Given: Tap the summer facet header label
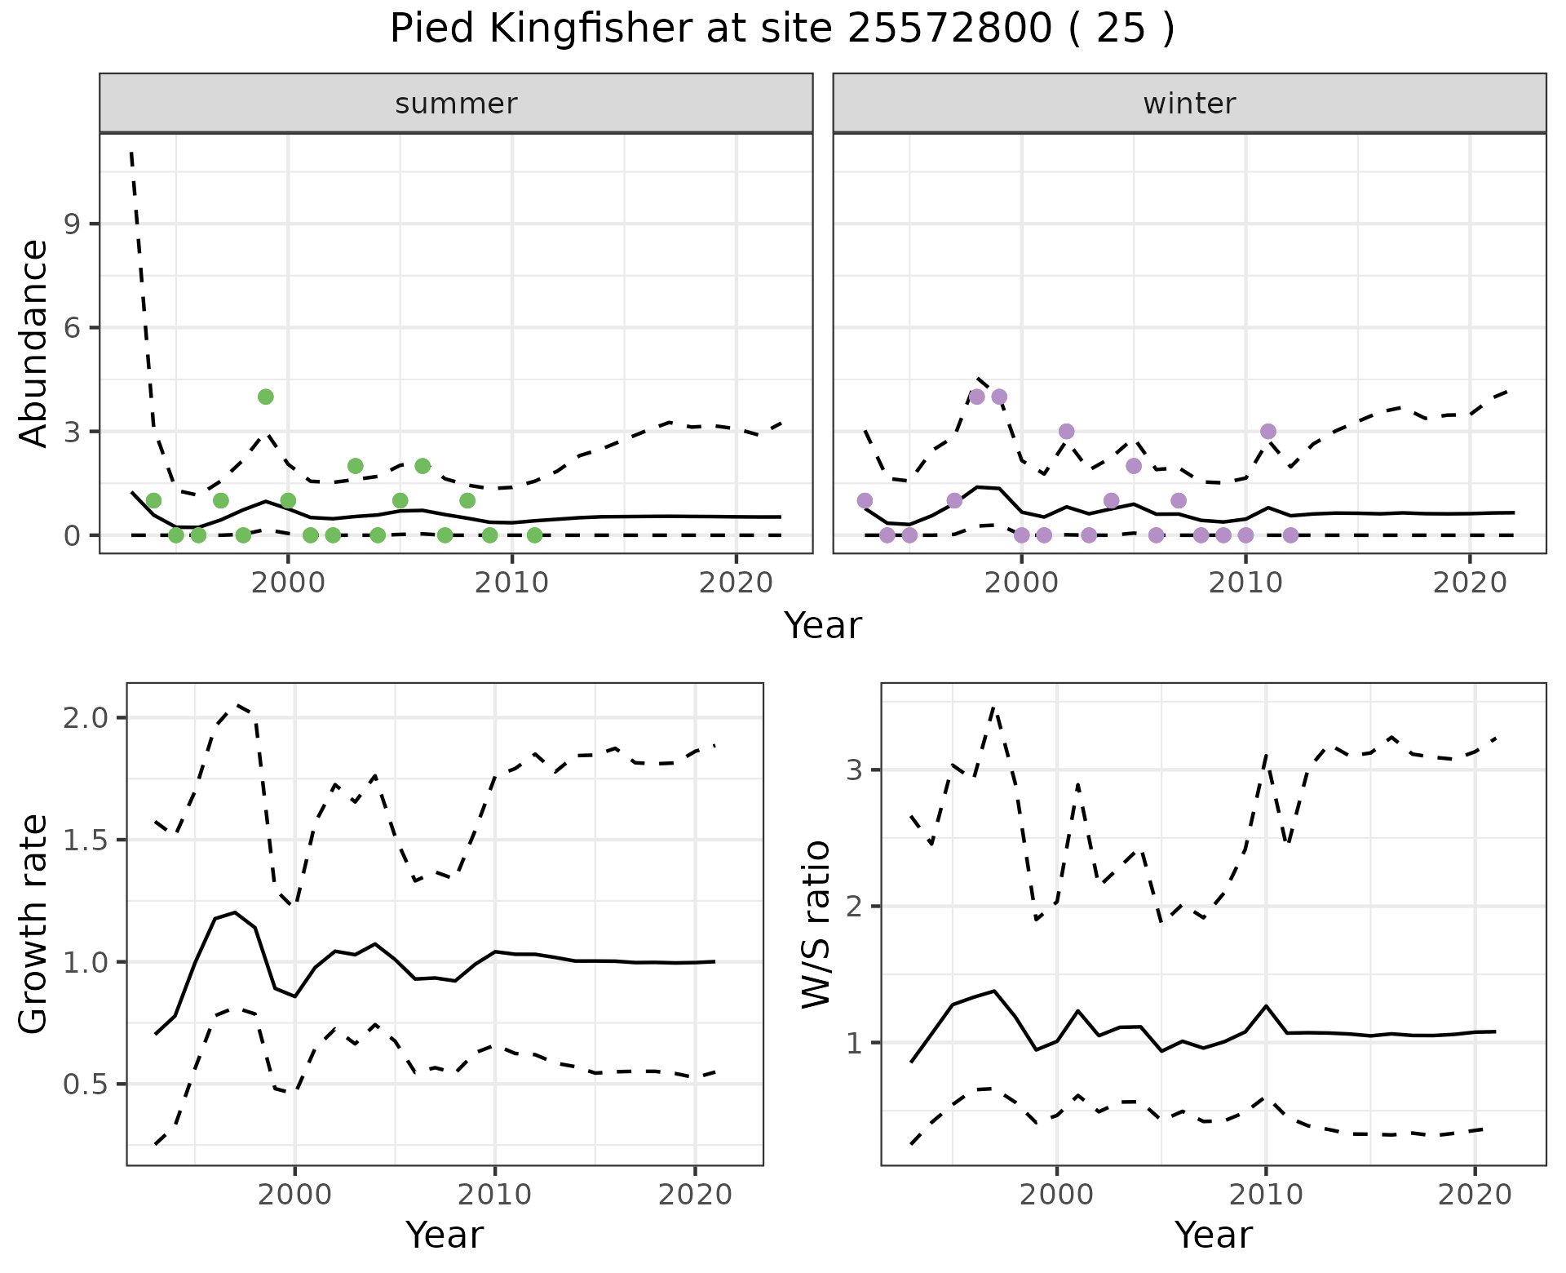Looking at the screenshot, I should click(456, 104).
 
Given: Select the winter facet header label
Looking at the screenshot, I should click(1189, 104).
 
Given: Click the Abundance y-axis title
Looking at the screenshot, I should click(34, 344).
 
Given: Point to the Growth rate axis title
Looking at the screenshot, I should click(34, 925).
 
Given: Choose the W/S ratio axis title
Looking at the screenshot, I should click(816, 925).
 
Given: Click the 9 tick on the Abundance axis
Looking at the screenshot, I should click(72, 224).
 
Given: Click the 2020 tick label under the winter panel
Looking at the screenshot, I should click(1470, 583).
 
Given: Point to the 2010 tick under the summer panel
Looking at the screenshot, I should click(511, 583).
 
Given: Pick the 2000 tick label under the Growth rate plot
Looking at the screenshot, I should click(295, 1195).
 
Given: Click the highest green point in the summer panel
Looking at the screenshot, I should click(265, 397).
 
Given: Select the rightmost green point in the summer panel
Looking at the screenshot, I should click(534, 535).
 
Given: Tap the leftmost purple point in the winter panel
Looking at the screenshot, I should click(865, 500).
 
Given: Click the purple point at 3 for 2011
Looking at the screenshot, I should click(1267, 431).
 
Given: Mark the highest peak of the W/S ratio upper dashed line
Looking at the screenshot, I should click(993, 707).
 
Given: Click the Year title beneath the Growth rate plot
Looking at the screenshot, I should click(445, 1235).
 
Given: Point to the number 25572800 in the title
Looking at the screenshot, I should click(949, 29).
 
